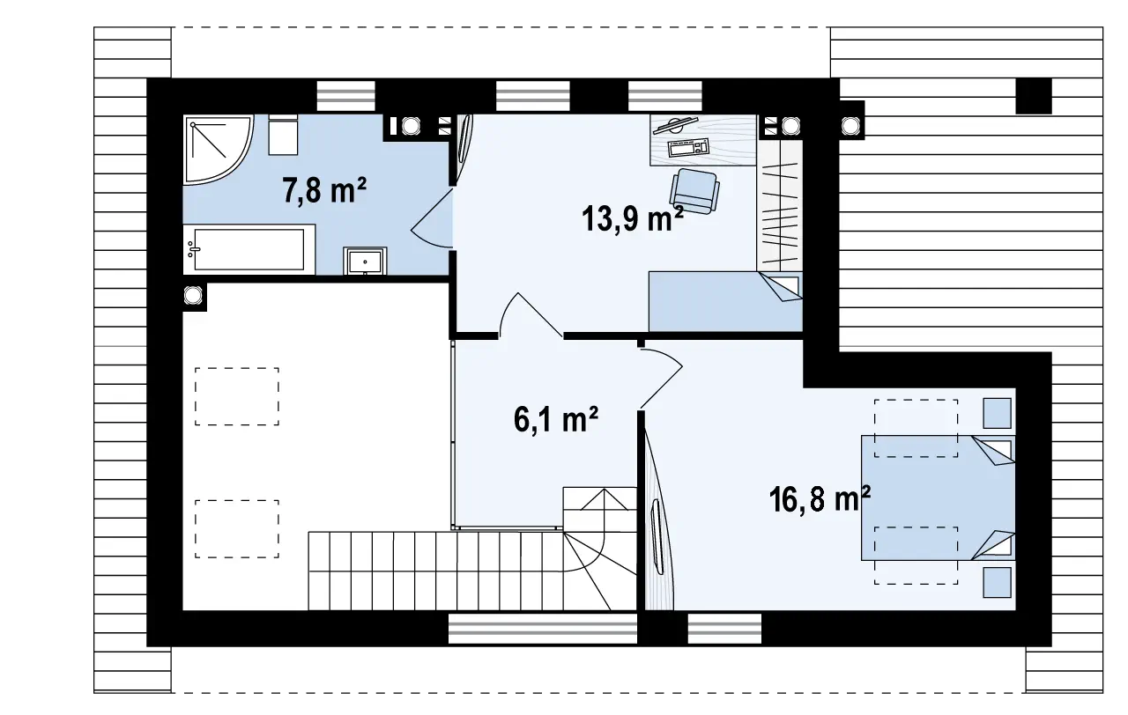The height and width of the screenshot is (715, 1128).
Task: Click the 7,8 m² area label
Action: pos(324,190)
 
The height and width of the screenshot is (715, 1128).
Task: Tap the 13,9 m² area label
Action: pos(633,219)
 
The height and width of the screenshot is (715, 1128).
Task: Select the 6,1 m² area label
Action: pos(556,419)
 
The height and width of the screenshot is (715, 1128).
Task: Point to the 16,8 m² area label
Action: pos(820,498)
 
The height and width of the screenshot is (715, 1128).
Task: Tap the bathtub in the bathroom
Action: pos(249,249)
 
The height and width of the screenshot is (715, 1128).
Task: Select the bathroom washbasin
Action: pos(365,261)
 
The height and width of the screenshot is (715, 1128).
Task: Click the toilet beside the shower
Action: pos(283,135)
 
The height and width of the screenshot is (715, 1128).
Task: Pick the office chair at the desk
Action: pos(694,191)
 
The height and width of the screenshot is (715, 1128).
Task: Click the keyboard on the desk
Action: pos(688,147)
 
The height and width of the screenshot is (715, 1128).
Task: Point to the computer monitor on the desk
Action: pos(675,125)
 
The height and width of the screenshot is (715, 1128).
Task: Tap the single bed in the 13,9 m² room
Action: pos(725,301)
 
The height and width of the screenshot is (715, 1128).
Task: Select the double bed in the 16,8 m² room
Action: pos(938,498)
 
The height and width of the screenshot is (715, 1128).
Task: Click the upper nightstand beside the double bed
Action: pos(997,413)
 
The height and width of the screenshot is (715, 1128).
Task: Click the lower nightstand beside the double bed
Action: pos(997,583)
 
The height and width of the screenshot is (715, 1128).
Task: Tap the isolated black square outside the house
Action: pos(1034,96)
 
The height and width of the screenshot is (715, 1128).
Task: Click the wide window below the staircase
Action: pos(543,629)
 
